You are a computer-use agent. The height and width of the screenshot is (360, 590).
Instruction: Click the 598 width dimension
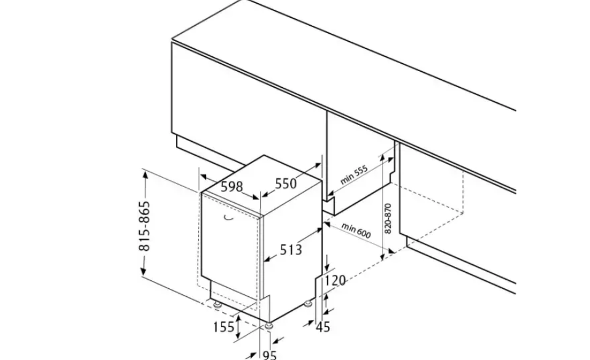(x=231, y=186)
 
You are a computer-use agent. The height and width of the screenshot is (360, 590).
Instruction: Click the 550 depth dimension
(x=286, y=183)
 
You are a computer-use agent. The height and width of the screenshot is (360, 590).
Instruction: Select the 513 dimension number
(x=291, y=249)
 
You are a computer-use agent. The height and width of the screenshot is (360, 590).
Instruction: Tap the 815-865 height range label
(x=144, y=226)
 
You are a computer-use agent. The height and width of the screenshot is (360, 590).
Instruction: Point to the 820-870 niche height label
(x=388, y=218)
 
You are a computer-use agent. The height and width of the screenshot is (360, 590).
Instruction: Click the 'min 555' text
(x=354, y=175)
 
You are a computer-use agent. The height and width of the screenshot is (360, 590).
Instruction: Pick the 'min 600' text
(x=356, y=231)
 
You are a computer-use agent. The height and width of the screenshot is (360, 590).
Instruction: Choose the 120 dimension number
(x=335, y=280)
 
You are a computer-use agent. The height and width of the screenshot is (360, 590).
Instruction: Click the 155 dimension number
(x=223, y=327)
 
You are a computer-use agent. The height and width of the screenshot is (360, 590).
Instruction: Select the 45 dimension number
(x=323, y=327)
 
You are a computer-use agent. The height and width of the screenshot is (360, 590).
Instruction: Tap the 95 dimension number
(x=269, y=354)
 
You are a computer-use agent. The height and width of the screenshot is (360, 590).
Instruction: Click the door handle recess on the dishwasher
(x=228, y=218)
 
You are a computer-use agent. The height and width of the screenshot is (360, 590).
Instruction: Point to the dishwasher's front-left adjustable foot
(x=216, y=304)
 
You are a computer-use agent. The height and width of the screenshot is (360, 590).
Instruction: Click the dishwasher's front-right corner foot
(x=269, y=326)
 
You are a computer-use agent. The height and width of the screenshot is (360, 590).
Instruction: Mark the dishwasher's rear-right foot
(x=308, y=302)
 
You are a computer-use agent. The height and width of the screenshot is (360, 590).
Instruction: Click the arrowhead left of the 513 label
(x=268, y=258)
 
